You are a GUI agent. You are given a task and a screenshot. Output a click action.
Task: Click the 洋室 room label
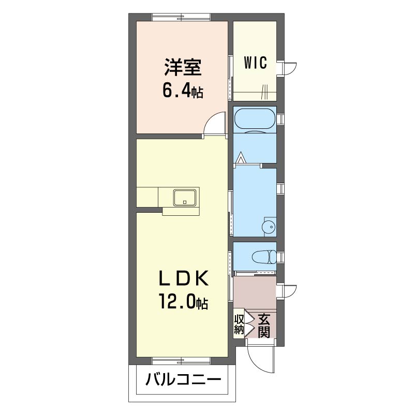[183, 67]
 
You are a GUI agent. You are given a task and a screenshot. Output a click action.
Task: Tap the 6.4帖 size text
[183, 92]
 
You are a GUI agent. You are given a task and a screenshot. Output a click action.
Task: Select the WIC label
[255, 63]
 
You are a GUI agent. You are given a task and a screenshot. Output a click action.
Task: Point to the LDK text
[183, 278]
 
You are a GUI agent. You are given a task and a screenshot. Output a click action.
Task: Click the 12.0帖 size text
[183, 302]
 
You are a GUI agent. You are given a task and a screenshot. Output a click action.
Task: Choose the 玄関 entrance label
[264, 326]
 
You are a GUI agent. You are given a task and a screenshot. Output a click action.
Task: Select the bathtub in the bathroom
[255, 120]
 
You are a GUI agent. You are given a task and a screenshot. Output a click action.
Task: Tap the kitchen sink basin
[185, 198]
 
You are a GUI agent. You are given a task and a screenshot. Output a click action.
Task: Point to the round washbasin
[269, 226]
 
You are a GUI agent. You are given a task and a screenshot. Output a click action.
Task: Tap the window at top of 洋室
[182, 17]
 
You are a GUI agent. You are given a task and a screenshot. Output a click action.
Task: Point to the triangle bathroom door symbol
[240, 158]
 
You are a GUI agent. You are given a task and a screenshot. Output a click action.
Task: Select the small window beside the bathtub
[280, 120]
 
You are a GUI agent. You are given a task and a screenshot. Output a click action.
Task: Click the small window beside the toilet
[280, 256]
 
